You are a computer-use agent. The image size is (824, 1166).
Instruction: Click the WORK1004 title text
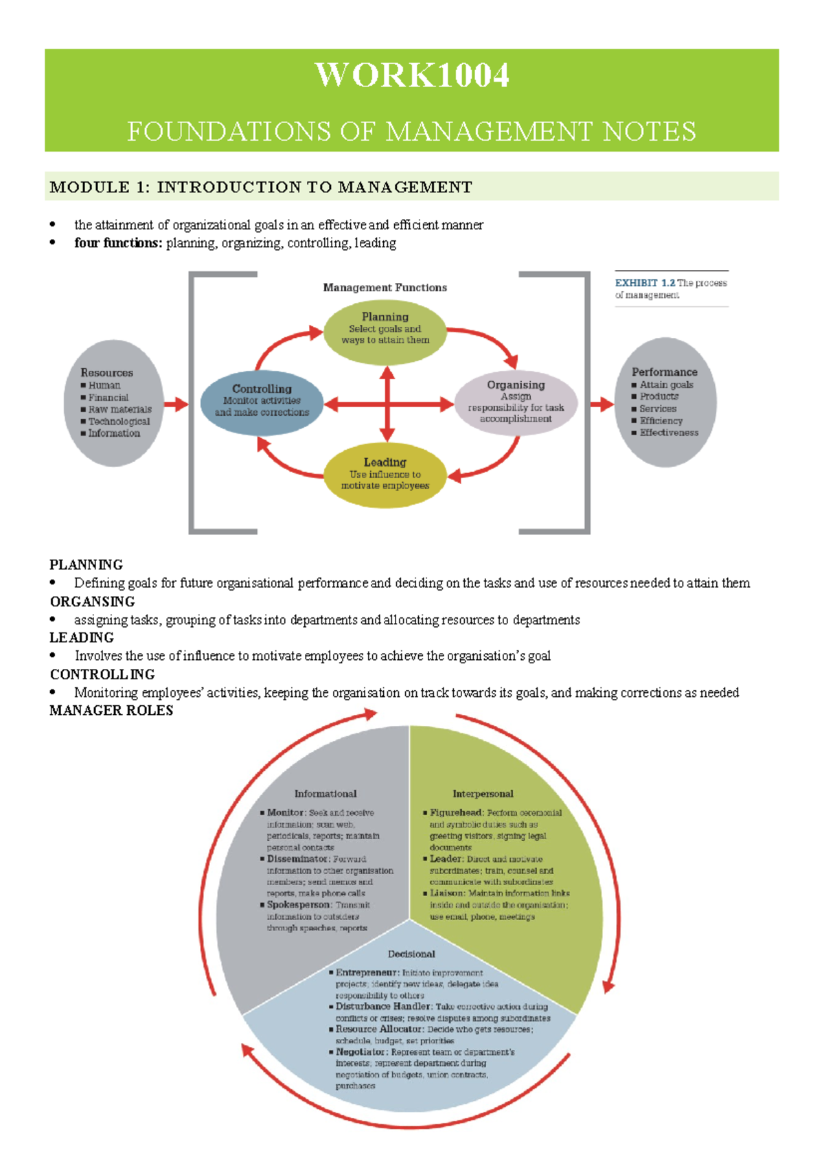click(x=412, y=75)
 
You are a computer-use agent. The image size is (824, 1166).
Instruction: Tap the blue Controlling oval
click(x=262, y=404)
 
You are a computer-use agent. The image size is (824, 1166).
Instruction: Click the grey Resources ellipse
click(x=114, y=404)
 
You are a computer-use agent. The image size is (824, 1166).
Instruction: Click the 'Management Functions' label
click(x=385, y=288)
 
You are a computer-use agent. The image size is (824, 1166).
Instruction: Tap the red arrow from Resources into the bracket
click(x=176, y=404)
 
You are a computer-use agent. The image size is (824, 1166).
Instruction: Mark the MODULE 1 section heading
click(x=261, y=187)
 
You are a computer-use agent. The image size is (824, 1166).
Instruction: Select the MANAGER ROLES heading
click(x=111, y=711)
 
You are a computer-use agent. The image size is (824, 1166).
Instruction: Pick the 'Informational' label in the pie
click(x=325, y=794)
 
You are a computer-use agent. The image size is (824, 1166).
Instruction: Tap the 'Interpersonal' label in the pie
click(x=483, y=794)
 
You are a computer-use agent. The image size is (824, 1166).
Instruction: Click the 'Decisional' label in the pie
click(x=411, y=954)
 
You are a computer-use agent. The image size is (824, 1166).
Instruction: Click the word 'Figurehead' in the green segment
click(x=457, y=813)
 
